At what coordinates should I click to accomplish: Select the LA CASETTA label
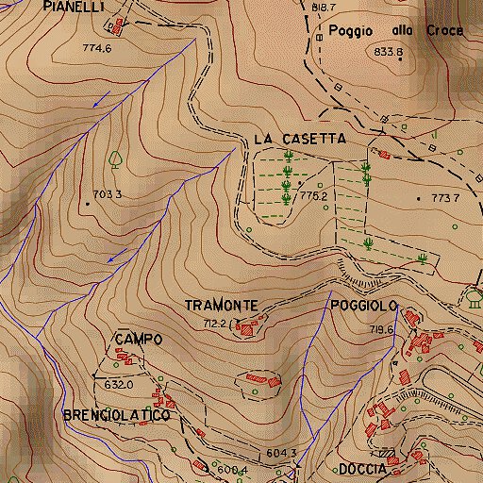click(300, 139)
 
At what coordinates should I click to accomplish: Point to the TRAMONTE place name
click(221, 306)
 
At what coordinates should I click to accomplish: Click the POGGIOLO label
click(364, 306)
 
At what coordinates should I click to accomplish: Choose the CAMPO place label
click(139, 339)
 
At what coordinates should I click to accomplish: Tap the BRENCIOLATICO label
click(116, 415)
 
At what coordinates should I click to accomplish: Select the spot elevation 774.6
click(97, 48)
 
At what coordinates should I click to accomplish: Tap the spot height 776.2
click(312, 196)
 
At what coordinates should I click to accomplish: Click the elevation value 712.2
click(215, 324)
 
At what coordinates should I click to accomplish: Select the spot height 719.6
click(381, 329)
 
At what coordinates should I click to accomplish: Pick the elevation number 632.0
click(119, 385)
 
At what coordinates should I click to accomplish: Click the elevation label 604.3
click(281, 454)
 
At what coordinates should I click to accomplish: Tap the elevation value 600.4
click(231, 470)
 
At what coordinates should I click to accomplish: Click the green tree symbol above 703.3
click(116, 158)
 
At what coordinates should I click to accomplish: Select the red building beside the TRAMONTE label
click(247, 328)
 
